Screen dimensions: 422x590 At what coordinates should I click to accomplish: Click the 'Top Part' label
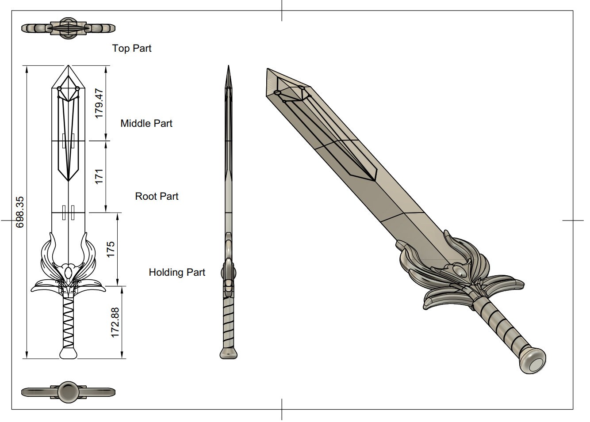[x=132, y=48]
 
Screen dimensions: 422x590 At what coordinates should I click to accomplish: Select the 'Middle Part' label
[x=146, y=123]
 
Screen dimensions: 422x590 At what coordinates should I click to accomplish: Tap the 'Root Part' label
[x=157, y=196]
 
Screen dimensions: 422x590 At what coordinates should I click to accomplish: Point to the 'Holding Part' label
[x=177, y=272]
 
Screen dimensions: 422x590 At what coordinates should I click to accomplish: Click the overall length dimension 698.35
[x=20, y=212]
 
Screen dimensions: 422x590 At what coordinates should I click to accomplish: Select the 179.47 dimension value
[x=99, y=103]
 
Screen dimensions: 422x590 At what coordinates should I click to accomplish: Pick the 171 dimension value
[x=99, y=176]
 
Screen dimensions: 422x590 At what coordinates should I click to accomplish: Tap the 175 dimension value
[x=111, y=250]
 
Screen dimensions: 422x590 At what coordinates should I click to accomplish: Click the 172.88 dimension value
[x=115, y=323]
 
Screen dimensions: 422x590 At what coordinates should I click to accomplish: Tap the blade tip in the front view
[x=68, y=68]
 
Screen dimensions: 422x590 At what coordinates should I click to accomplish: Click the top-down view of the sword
[x=69, y=28]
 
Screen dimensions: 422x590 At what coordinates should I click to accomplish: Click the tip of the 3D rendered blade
[x=268, y=71]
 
